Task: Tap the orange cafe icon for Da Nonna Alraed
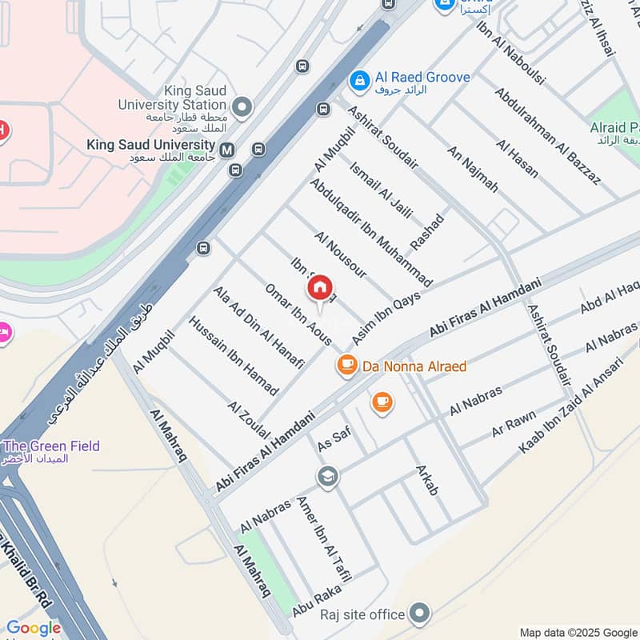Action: point(346,366)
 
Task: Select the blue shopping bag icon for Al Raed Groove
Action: point(359,79)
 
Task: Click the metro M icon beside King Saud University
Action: point(228,149)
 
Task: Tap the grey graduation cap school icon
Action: point(327,477)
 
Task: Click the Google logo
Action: point(33,629)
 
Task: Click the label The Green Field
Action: point(52,446)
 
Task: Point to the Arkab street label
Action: point(426,478)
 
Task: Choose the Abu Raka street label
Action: point(317,600)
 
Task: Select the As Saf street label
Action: point(334,438)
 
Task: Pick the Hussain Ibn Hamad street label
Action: point(233,355)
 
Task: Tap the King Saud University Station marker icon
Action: point(242,106)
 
